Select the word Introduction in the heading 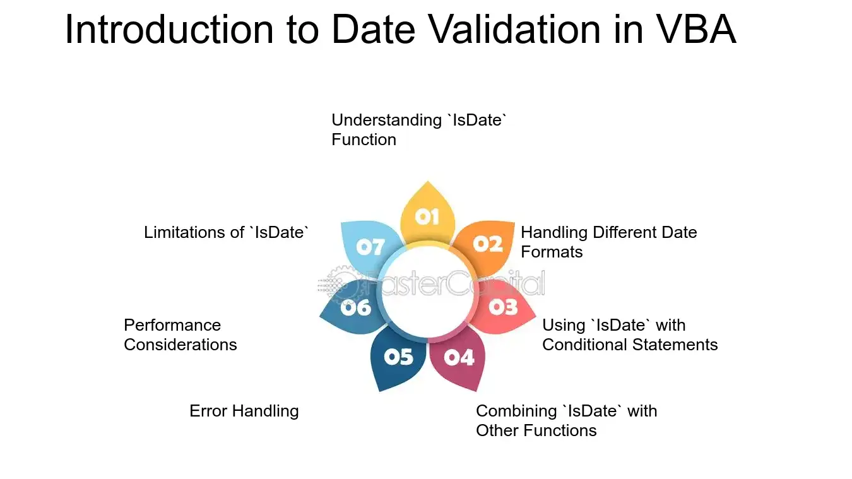tap(169, 30)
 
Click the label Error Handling tap(244, 411)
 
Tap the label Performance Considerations tap(180, 335)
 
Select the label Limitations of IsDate tap(227, 232)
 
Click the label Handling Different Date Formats tap(608, 242)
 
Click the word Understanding tap(386, 121)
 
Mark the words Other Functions tap(536, 430)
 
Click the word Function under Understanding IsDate tap(364, 139)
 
